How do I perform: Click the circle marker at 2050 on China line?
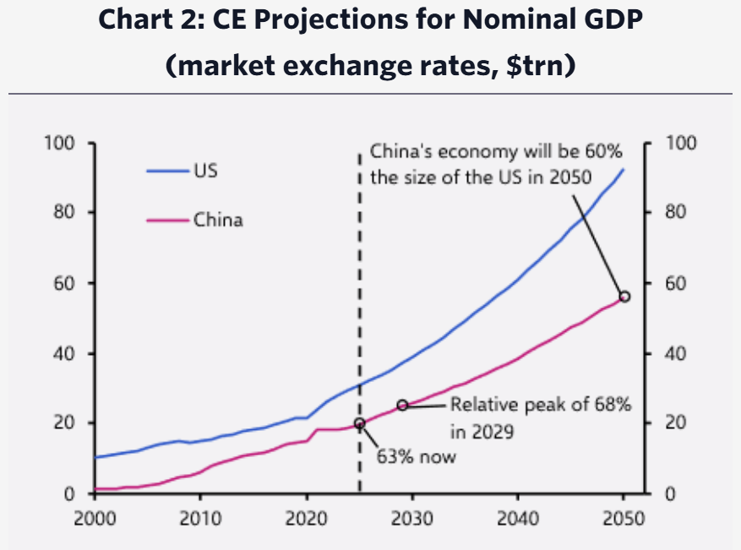624,297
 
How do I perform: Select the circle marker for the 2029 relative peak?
402,406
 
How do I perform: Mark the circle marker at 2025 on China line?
360,423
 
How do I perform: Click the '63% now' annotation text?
416,457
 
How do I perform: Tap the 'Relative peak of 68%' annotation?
540,405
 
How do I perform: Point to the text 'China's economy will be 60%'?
496,153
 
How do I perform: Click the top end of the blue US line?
624,170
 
